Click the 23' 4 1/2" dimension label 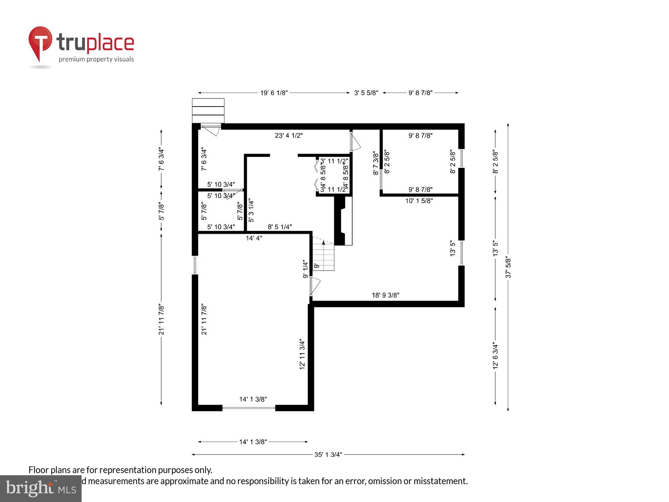tap(289, 136)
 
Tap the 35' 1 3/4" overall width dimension tap(328, 454)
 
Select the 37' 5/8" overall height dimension tap(508, 267)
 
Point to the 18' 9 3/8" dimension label tap(385, 295)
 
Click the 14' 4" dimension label tap(254, 238)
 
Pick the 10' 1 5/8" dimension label tap(419, 201)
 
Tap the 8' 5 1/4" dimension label tap(280, 227)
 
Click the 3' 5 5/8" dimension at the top tap(366, 93)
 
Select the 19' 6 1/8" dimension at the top tap(274, 93)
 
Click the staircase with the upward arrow tap(323, 256)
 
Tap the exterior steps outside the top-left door tap(208, 111)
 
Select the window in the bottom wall tap(249, 408)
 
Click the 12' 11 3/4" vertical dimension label tap(302, 354)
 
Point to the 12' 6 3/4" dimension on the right tap(495, 355)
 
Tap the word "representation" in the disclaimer tap(128, 470)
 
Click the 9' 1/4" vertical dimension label tap(305, 269)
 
